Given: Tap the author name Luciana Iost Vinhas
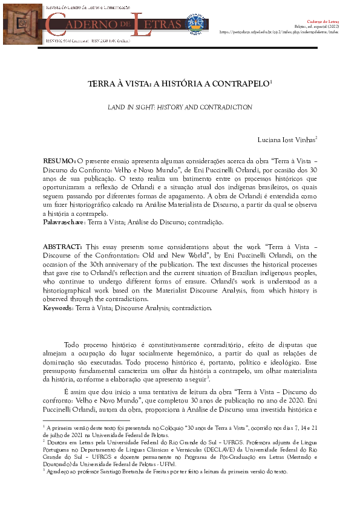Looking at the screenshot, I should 285,140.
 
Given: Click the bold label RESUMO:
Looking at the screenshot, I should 59,163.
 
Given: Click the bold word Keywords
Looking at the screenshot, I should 57,308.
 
